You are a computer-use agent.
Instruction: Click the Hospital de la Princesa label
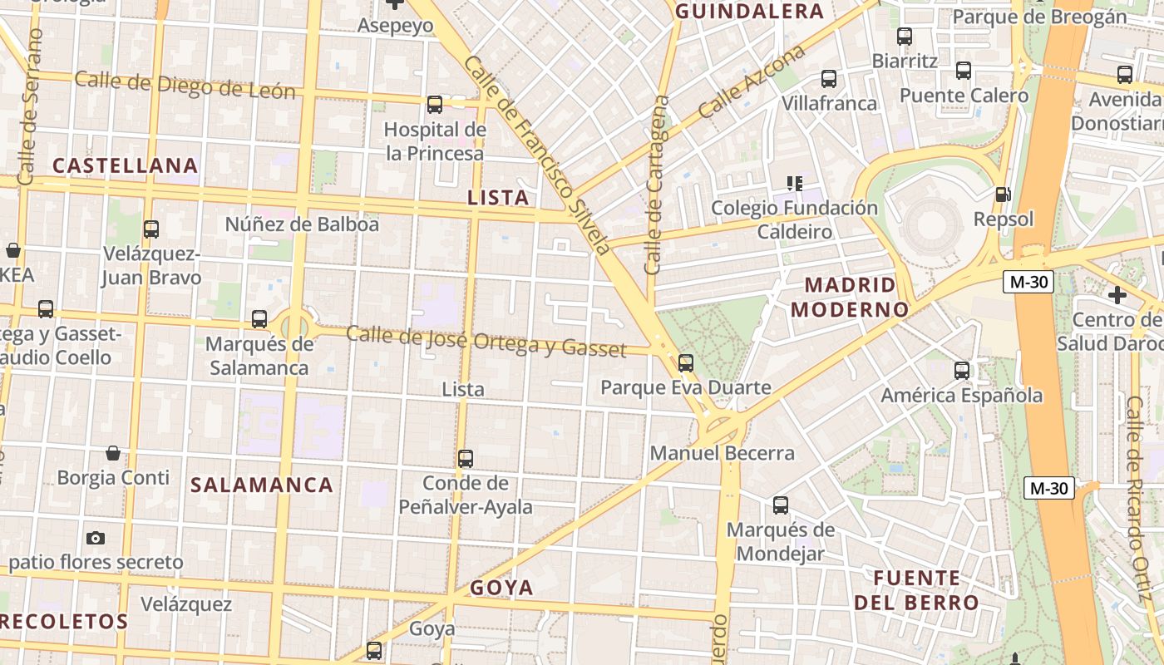tap(434, 141)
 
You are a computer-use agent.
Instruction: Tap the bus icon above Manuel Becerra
tap(686, 362)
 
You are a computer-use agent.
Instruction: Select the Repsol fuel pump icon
tap(1004, 195)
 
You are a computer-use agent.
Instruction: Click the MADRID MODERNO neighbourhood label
tap(851, 298)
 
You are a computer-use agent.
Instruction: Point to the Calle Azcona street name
tap(752, 81)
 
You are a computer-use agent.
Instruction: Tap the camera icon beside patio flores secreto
tap(96, 538)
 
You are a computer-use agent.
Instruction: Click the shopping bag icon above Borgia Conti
tap(113, 453)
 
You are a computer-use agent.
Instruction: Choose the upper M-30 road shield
tap(1028, 282)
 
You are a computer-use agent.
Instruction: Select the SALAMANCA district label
tap(262, 485)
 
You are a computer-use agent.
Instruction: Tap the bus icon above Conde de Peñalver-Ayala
tap(466, 458)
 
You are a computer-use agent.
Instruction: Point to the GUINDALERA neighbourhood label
tap(749, 11)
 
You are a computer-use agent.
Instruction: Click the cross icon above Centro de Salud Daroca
tap(1117, 294)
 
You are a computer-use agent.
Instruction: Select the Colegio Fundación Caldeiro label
tap(794, 219)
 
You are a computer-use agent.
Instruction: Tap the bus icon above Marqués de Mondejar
tap(781, 505)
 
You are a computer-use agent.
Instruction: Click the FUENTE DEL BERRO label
tap(916, 590)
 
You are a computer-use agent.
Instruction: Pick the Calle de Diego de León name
tap(185, 85)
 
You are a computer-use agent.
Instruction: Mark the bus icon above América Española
tap(962, 371)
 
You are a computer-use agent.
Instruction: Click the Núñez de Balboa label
tap(302, 224)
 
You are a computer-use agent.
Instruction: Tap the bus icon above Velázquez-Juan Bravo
tap(151, 229)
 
